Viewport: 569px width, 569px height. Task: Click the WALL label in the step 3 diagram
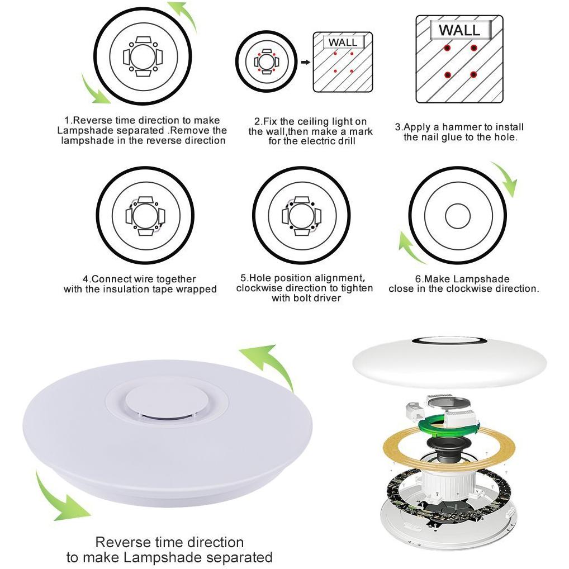click(460, 30)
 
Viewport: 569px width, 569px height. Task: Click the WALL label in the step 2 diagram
click(343, 42)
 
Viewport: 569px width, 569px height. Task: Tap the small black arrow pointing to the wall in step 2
click(306, 62)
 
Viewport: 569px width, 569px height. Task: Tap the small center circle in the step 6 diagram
click(457, 216)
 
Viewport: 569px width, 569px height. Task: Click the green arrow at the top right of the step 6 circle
click(505, 178)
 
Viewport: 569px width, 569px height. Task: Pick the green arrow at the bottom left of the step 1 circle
click(95, 89)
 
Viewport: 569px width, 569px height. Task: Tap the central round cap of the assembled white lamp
click(162, 401)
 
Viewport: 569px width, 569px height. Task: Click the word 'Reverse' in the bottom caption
click(123, 543)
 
